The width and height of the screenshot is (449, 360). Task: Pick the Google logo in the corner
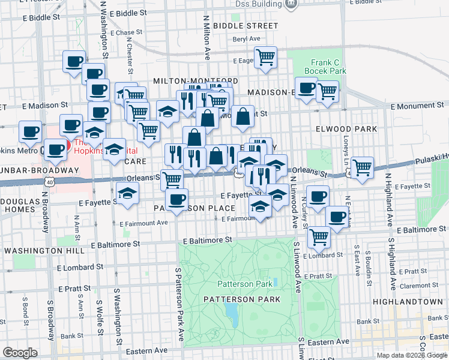pyautogui.click(x=20, y=353)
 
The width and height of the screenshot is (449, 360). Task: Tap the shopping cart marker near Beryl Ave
pyautogui.click(x=265, y=58)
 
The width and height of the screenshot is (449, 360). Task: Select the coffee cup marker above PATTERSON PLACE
pyautogui.click(x=176, y=199)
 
